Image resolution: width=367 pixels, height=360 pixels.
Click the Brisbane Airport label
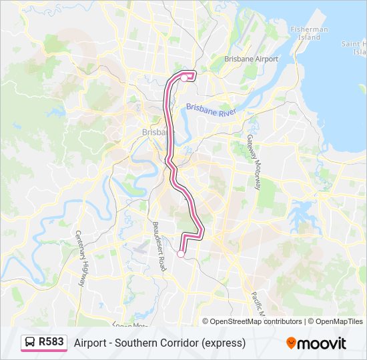(251, 59)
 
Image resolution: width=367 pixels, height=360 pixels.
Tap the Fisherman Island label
(309, 33)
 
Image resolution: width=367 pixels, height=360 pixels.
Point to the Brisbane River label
(211, 109)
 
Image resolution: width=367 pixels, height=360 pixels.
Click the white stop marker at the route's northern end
(184, 78)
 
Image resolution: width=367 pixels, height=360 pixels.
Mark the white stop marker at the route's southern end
(180, 253)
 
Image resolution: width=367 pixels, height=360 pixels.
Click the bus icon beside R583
(30, 343)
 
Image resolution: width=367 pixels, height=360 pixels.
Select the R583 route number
(51, 343)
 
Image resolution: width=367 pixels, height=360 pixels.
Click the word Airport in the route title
(90, 343)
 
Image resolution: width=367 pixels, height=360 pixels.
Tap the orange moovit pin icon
(290, 343)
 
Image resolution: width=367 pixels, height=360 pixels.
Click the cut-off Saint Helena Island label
(353, 47)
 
